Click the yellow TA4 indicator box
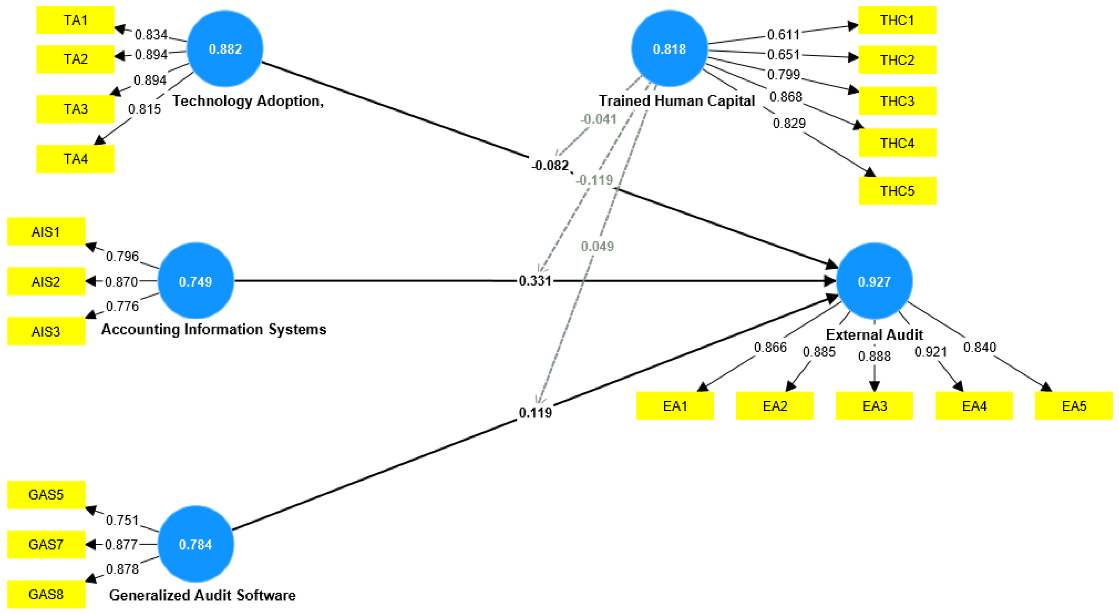coord(75,159)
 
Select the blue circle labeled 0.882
coord(225,49)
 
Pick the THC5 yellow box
coord(897,191)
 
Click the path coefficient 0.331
coord(535,281)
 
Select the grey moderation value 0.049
coord(597,246)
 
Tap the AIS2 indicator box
coord(46,282)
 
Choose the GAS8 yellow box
coord(46,594)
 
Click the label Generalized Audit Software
coord(202,595)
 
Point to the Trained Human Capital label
coord(676,101)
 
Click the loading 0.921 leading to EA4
coord(930,352)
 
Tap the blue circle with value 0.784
coord(196,544)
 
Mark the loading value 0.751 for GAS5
coord(122,520)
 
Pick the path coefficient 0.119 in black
coord(535,412)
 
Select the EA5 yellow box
coord(1073,406)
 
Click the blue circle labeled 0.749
coord(196,282)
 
